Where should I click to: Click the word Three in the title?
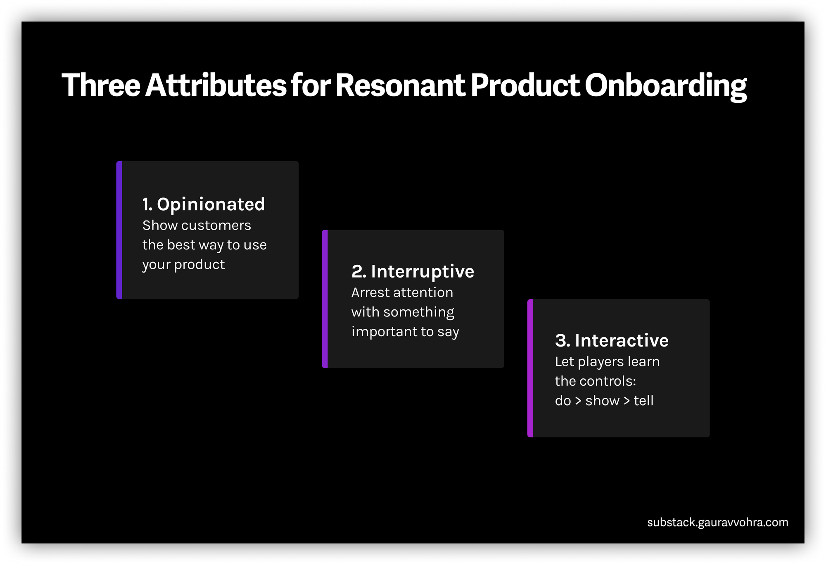tap(101, 85)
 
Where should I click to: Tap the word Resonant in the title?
tap(400, 85)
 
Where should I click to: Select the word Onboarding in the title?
tap(665, 85)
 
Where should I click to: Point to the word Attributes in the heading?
tap(215, 85)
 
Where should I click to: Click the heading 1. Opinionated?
tap(204, 204)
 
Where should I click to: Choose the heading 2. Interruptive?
tap(413, 271)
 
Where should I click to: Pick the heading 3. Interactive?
tap(612, 340)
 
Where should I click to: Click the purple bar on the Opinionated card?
tap(119, 230)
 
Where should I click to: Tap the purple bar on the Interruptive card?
tap(325, 299)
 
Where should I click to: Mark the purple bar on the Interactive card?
tap(530, 368)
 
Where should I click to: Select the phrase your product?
tap(183, 265)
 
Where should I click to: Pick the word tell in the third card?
tap(643, 401)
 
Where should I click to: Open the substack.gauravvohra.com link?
tap(717, 522)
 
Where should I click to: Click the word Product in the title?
tap(525, 85)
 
